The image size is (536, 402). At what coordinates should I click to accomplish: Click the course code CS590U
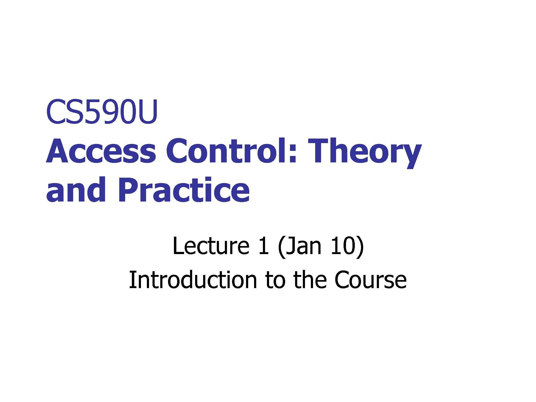102,112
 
